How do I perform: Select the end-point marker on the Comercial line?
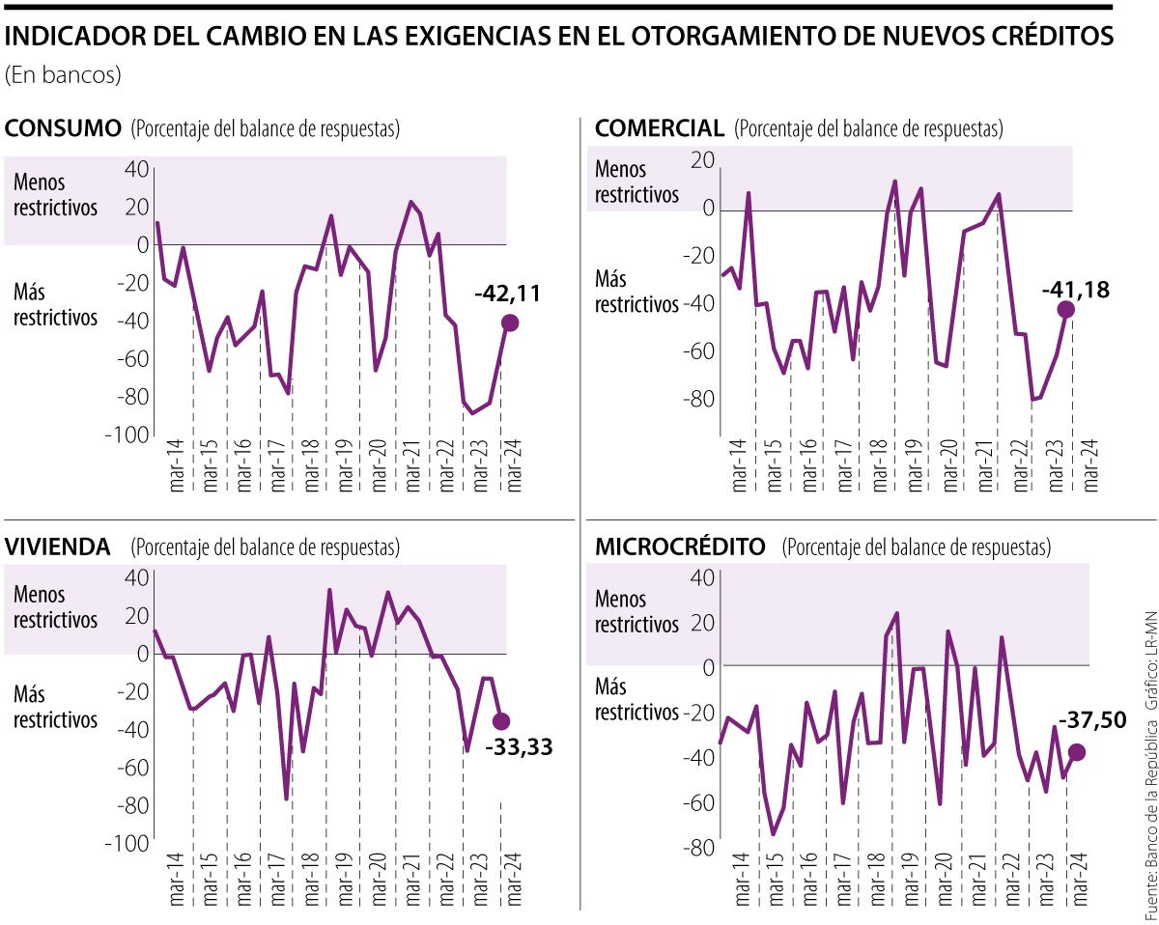point(1065,310)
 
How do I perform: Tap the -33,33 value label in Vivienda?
point(519,746)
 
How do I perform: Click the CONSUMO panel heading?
point(63,128)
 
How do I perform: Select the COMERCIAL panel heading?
point(660,128)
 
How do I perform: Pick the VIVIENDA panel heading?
point(57,547)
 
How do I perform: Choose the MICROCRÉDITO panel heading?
point(680,547)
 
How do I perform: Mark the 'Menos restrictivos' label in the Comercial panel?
point(636,182)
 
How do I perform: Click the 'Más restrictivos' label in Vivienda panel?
point(55,707)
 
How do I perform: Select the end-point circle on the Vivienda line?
point(501,721)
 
